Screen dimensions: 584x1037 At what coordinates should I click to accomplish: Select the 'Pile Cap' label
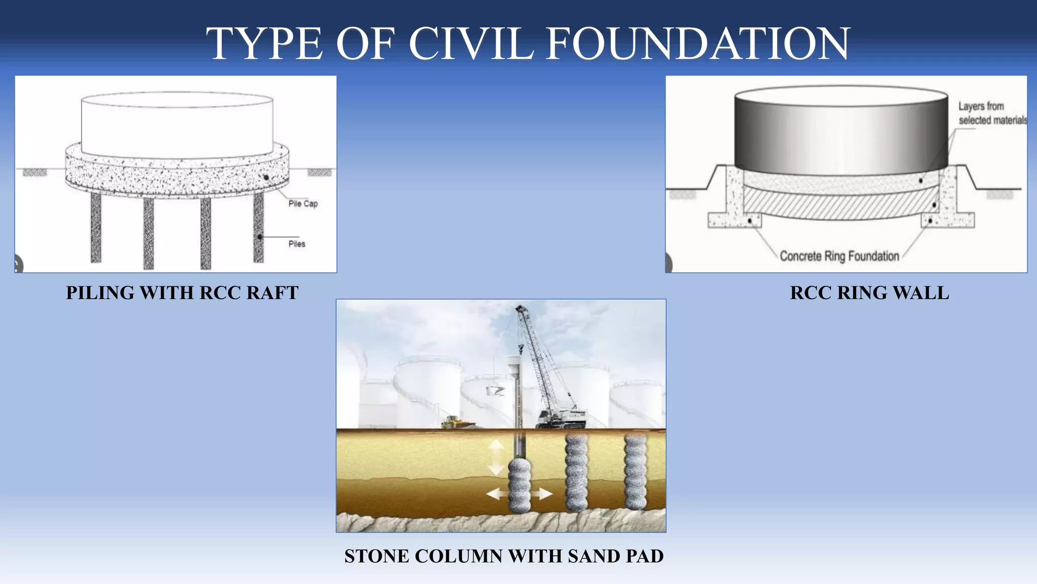pos(303,204)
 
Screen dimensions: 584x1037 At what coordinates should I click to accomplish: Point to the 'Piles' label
pos(297,244)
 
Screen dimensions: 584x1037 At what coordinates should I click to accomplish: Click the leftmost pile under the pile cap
pos(96,228)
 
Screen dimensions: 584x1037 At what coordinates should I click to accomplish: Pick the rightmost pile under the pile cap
pos(258,228)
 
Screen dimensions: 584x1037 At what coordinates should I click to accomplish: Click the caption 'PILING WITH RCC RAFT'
pos(182,293)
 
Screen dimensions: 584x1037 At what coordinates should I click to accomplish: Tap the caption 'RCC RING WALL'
pos(869,293)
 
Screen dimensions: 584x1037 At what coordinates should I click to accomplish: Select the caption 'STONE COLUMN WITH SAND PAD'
pos(504,556)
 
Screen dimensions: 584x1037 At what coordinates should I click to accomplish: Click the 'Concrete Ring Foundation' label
pos(839,256)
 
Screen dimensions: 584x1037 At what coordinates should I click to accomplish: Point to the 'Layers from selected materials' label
pos(991,113)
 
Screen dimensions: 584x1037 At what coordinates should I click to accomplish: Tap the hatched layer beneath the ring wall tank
pos(841,205)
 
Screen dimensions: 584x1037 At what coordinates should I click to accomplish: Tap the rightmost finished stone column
pos(635,471)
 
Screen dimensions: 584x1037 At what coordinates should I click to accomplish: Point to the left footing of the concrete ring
pos(734,220)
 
